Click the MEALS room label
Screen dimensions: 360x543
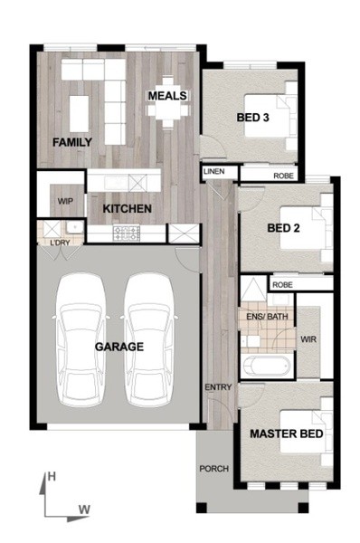(x=167, y=96)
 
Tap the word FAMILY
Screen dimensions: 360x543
(x=72, y=142)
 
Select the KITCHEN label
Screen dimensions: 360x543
(x=127, y=208)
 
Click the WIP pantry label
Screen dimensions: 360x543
(x=65, y=201)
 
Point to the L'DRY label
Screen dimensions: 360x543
(x=60, y=243)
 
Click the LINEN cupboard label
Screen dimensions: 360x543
(x=214, y=171)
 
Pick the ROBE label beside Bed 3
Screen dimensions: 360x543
(x=283, y=176)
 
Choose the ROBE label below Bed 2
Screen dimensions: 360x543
(x=282, y=285)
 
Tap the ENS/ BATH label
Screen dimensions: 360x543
(x=267, y=316)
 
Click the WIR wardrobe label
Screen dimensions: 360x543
(x=308, y=339)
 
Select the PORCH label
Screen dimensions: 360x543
(x=214, y=469)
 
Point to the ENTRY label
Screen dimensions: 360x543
(x=218, y=387)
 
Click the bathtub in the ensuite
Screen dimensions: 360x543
(x=267, y=367)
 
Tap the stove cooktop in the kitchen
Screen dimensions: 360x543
(x=127, y=233)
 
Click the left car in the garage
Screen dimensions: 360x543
(x=81, y=339)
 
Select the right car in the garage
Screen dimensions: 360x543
(x=149, y=339)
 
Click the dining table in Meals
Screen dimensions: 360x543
(x=168, y=103)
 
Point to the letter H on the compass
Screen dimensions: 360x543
(x=52, y=477)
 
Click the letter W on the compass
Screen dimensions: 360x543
(x=84, y=510)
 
